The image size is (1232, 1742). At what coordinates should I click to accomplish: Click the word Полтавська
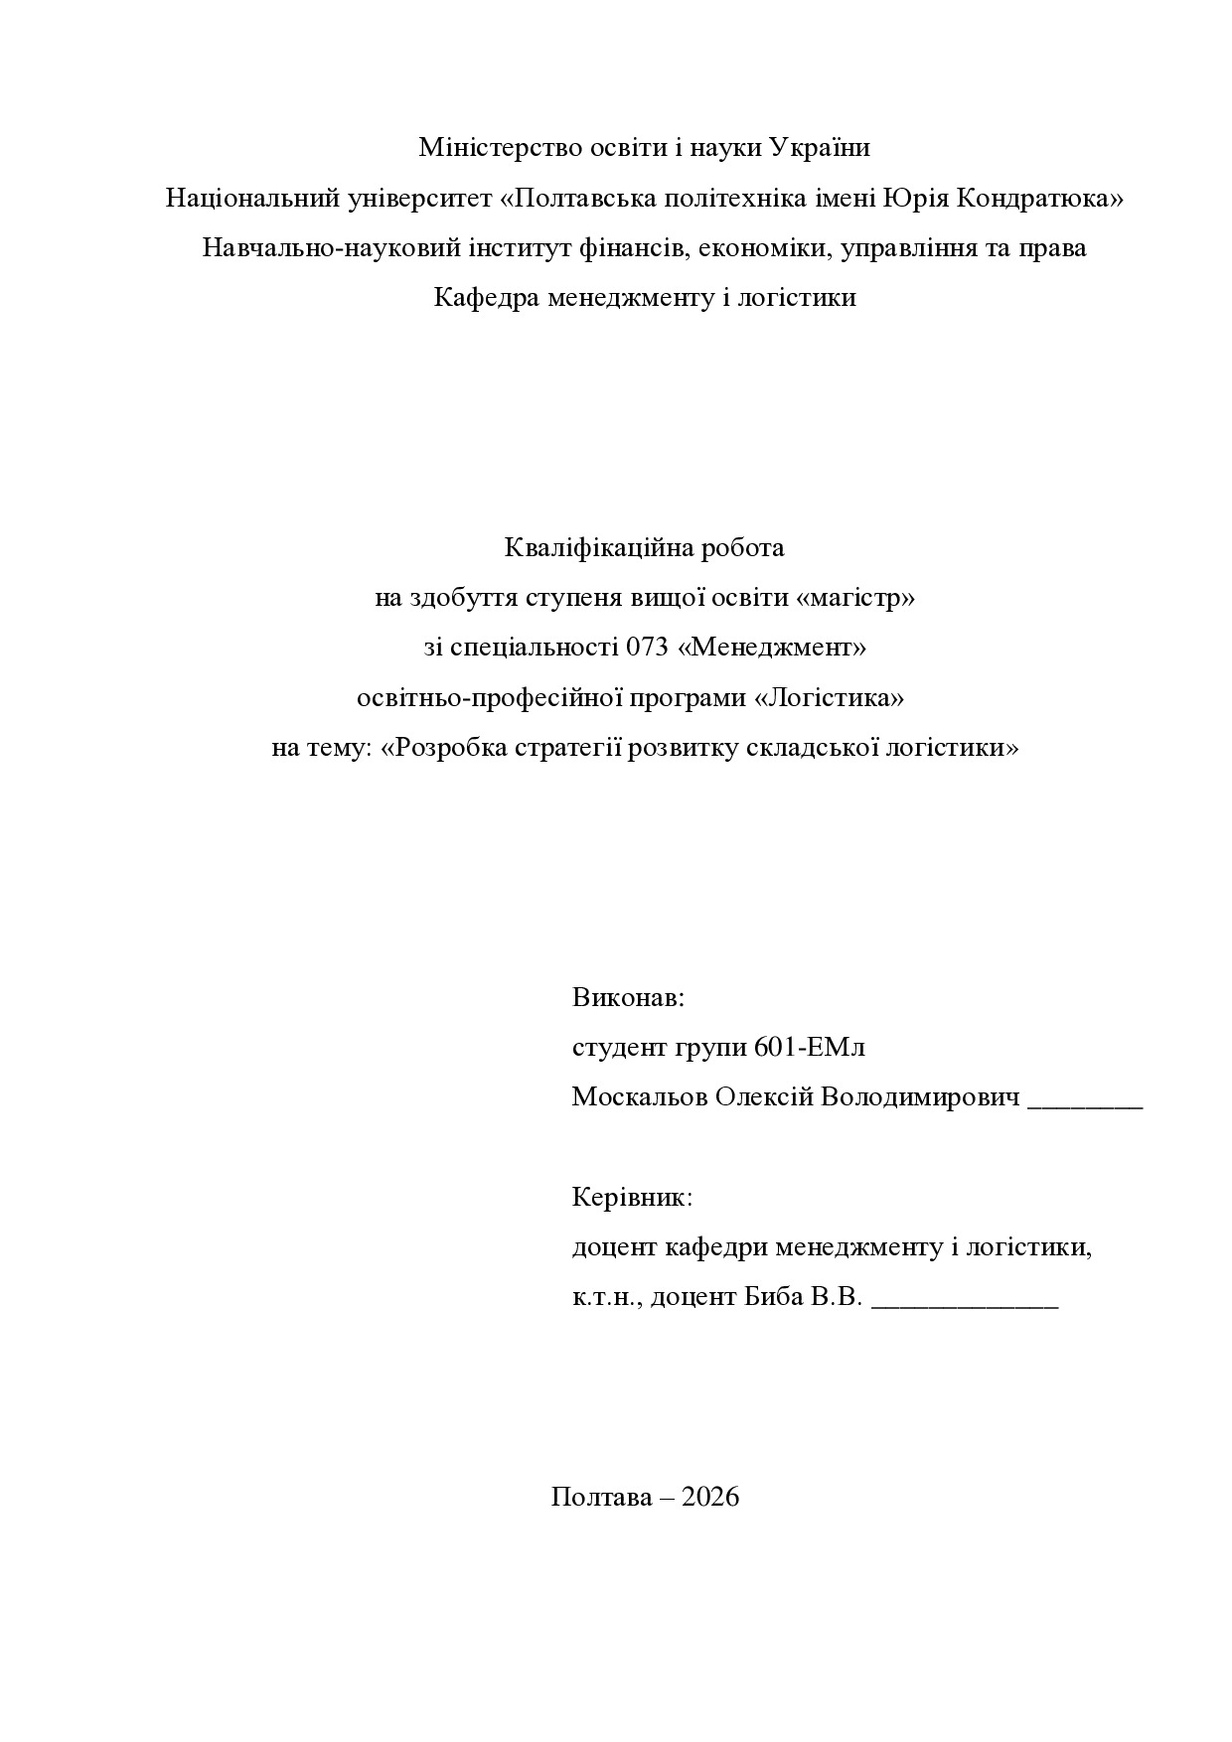(582, 198)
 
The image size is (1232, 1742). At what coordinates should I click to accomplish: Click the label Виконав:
(628, 997)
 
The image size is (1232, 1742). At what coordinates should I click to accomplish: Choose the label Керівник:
(632, 1197)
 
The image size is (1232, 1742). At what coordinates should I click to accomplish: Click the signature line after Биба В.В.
(965, 1304)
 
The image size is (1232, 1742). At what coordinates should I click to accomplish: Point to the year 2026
(711, 1497)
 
